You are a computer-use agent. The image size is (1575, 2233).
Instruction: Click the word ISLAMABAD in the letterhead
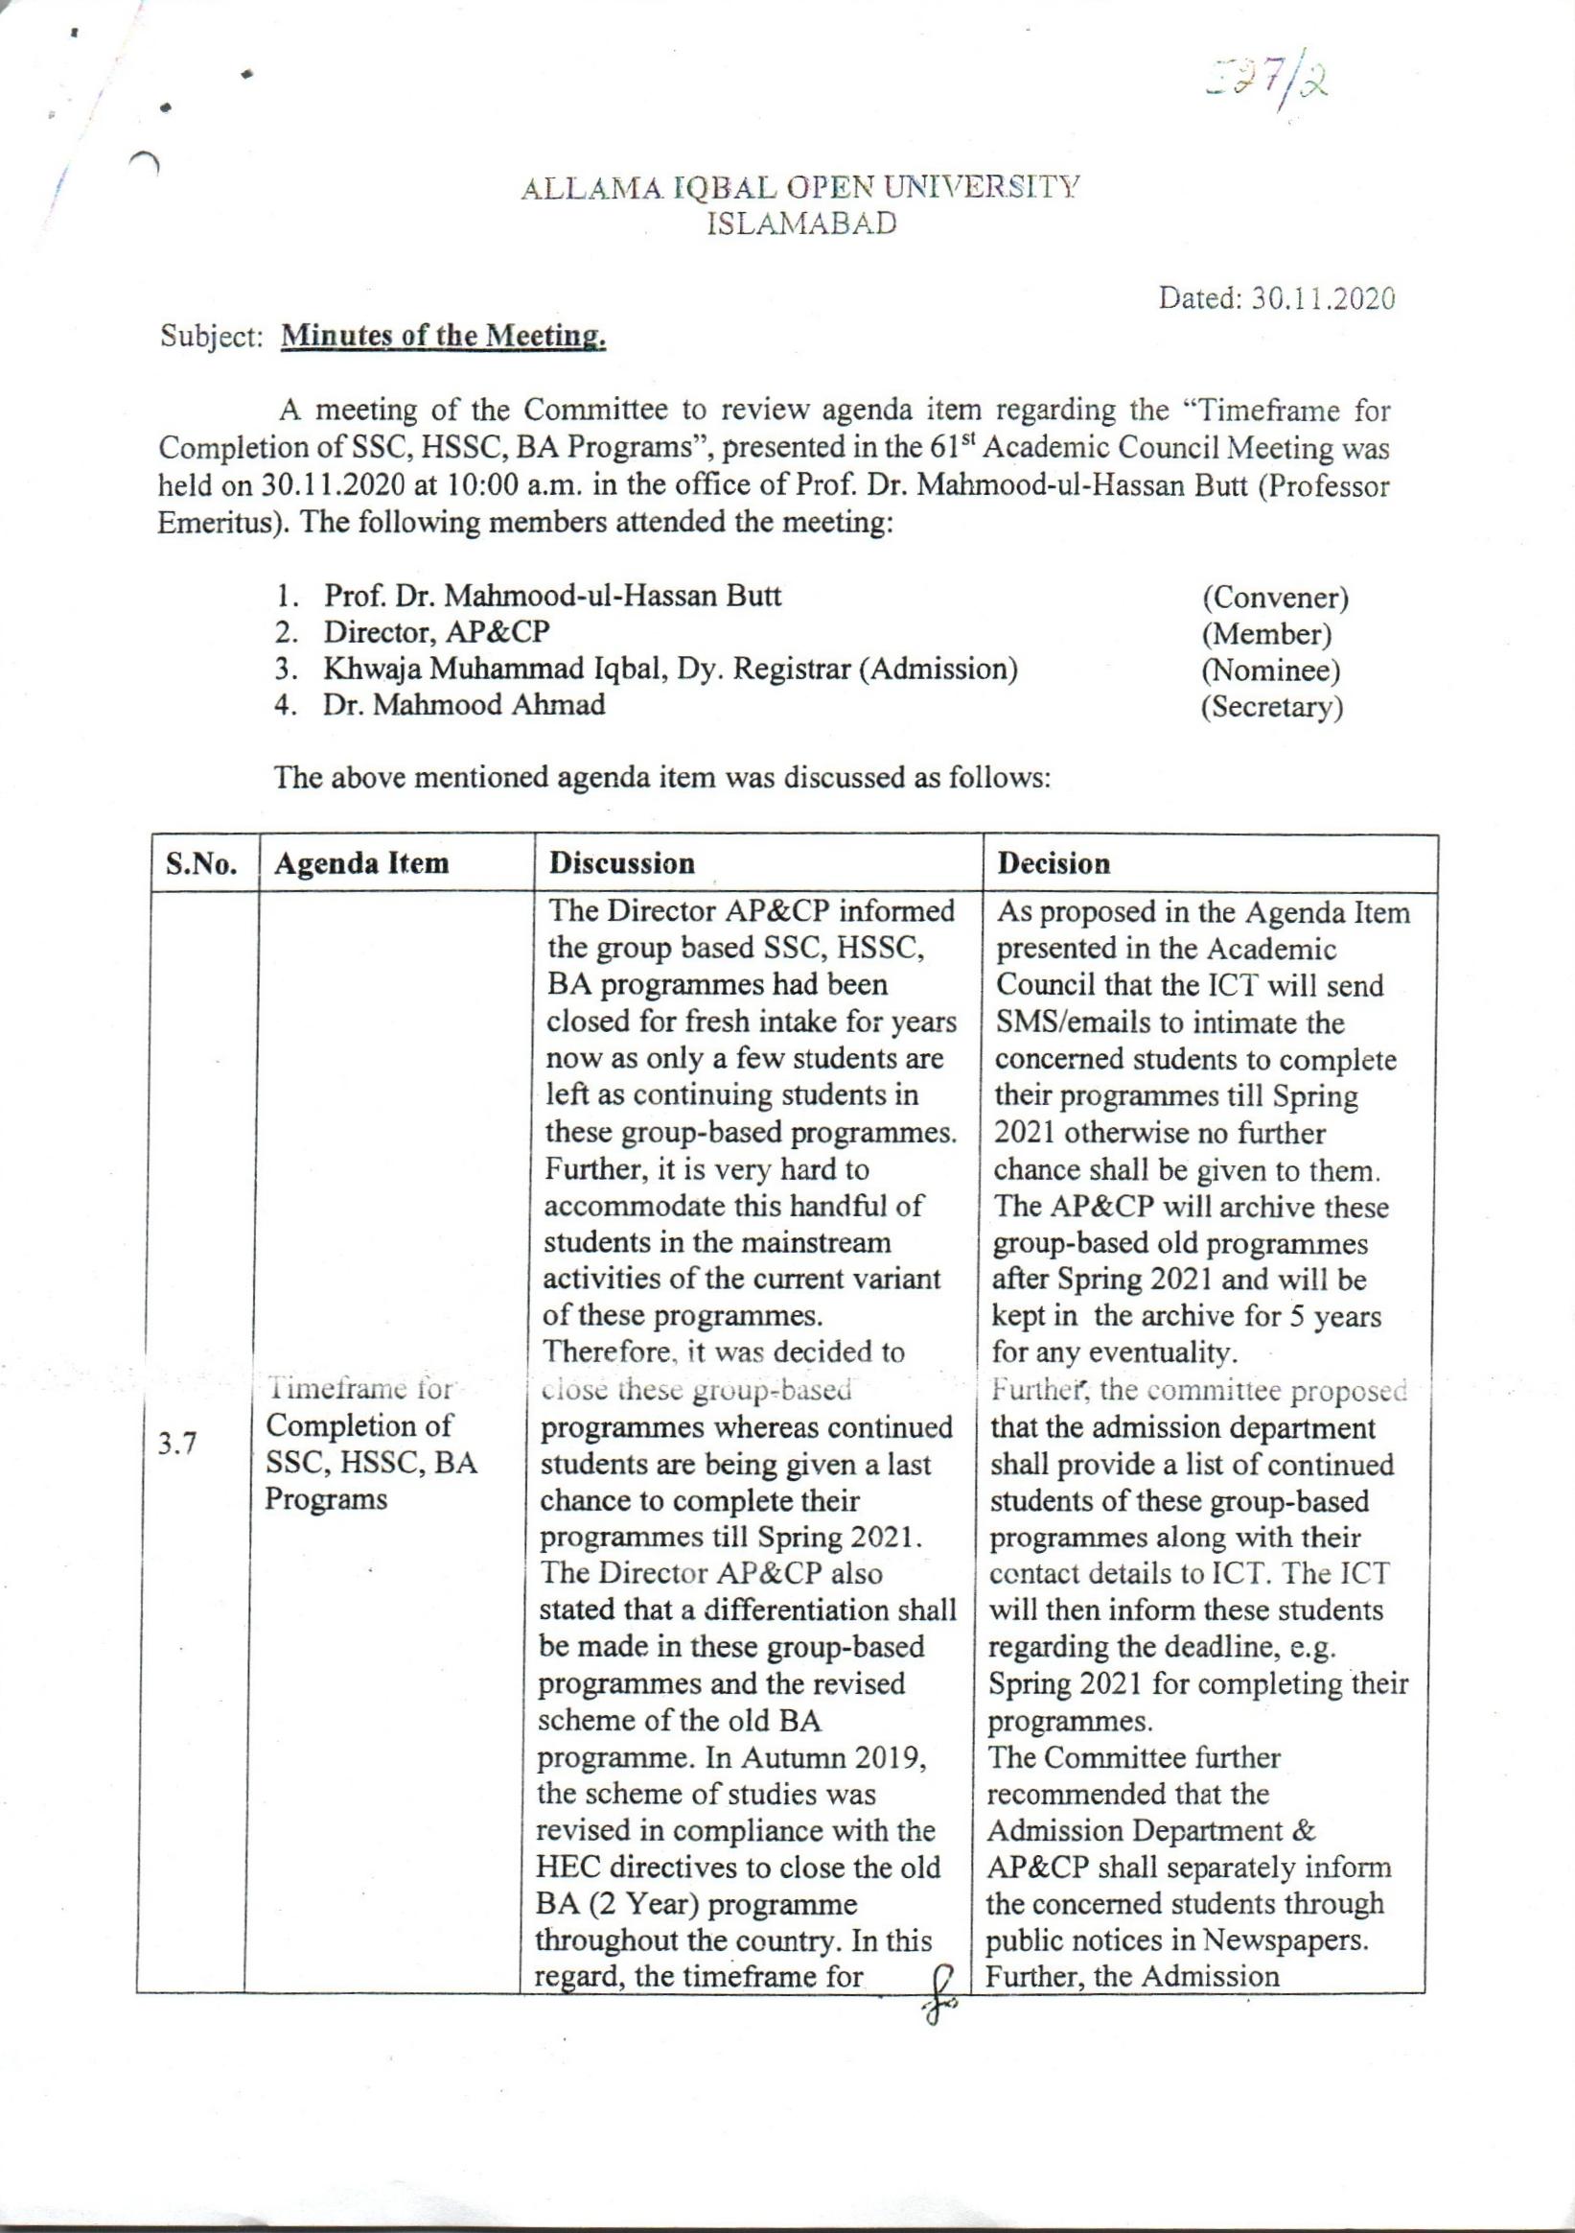coord(800,224)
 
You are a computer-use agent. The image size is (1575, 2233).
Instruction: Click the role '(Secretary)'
coord(1272,707)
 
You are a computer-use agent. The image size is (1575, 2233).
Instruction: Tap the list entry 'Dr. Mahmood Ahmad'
coord(464,705)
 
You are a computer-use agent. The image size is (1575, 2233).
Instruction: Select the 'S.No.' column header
coord(202,864)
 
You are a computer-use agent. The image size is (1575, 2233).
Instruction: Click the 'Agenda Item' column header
coord(361,863)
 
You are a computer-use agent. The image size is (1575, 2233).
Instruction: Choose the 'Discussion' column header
coord(622,863)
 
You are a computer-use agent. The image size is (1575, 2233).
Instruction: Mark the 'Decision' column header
coord(1054,863)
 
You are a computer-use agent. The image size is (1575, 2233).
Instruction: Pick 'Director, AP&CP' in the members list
coord(436,633)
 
